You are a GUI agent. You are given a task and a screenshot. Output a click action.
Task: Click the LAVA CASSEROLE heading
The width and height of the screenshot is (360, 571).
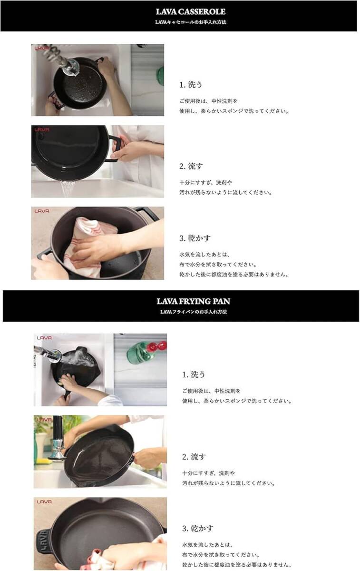(190, 11)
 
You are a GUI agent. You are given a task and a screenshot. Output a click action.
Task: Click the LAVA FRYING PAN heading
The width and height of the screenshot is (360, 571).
(193, 301)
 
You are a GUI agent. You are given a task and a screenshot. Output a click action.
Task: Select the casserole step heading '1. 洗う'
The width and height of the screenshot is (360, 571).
(191, 85)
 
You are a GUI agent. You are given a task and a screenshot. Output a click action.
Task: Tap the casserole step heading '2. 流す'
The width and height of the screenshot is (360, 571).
(191, 167)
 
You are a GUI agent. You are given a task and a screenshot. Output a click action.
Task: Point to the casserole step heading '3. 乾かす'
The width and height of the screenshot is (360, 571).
(195, 238)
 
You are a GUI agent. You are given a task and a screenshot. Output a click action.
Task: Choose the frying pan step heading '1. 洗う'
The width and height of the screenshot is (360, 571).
(194, 374)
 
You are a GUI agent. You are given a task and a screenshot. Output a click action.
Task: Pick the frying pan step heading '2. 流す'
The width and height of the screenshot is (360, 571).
(194, 457)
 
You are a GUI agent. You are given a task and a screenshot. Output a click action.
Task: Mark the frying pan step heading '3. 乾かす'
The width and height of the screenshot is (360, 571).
(198, 528)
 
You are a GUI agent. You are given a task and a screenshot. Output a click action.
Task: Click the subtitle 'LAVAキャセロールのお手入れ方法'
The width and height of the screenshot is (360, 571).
(190, 22)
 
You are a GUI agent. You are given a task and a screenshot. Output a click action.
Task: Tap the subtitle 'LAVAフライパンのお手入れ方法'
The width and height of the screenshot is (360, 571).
(193, 312)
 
